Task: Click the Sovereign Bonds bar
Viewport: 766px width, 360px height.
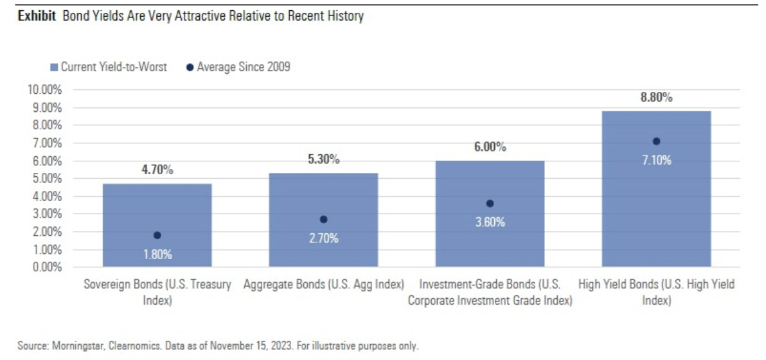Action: [x=157, y=212]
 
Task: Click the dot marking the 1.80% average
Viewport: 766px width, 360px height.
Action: [x=157, y=235]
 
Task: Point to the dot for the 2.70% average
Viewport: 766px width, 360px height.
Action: [x=323, y=219]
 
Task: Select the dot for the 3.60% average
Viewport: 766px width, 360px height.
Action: [x=490, y=203]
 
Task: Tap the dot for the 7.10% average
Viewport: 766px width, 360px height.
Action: [x=656, y=141]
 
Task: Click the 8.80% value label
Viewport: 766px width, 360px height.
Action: [x=656, y=98]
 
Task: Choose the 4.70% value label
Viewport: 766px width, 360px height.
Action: [x=157, y=170]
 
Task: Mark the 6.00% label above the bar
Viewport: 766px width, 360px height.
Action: [x=490, y=147]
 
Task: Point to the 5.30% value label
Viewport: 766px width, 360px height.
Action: [x=323, y=159]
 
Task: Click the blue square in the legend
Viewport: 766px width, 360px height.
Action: [x=54, y=67]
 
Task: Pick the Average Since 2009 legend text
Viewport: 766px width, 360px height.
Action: [x=244, y=67]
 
